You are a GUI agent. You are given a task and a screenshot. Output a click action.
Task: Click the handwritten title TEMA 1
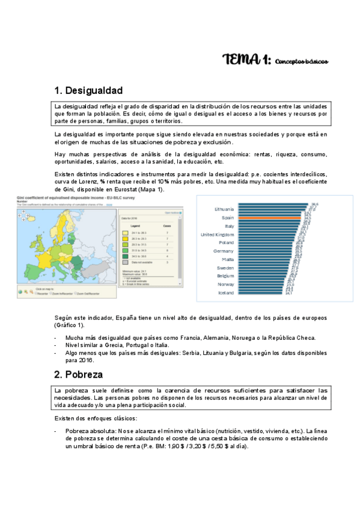[247, 60]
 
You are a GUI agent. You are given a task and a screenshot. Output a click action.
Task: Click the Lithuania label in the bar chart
[220, 209]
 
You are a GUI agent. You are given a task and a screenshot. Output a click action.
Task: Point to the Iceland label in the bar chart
[225, 292]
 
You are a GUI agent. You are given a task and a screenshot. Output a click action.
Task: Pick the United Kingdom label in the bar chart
[216, 234]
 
